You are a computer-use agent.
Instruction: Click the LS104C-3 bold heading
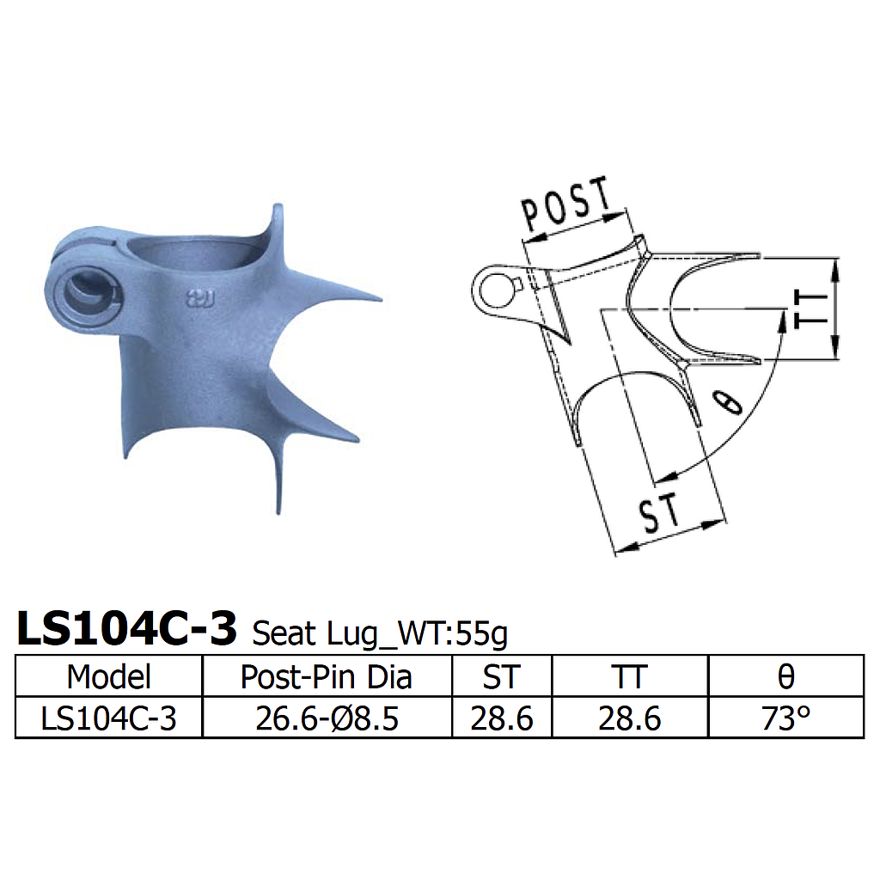click(126, 630)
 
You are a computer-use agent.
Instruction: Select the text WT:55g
click(465, 634)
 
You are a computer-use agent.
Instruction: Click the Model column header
click(108, 676)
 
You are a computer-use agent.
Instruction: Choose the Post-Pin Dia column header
click(327, 676)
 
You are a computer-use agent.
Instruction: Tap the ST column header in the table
click(501, 676)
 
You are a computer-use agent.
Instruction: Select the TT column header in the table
click(629, 676)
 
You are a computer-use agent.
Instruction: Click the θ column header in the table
click(785, 676)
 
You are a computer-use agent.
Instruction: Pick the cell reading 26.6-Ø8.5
click(327, 718)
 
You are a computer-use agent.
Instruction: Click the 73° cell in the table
click(785, 718)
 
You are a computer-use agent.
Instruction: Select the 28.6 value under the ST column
click(501, 718)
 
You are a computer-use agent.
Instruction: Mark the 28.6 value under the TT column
click(629, 718)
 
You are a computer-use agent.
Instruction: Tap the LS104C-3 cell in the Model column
click(108, 718)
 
